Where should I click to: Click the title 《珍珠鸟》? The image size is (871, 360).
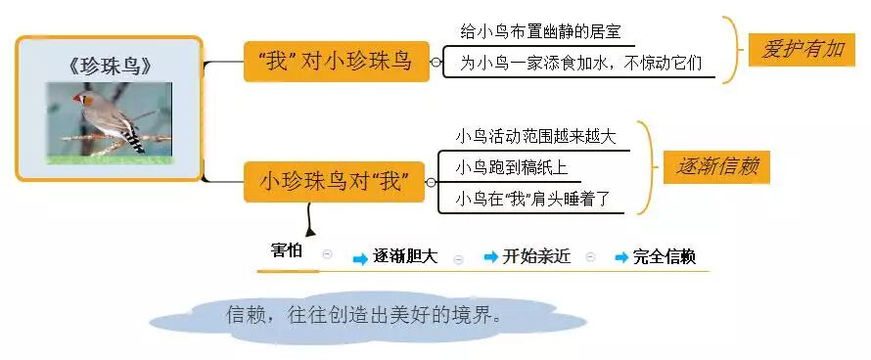111,67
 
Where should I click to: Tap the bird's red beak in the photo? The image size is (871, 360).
78,99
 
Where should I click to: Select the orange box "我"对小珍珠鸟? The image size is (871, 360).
335,61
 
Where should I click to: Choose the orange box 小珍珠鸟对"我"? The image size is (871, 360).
335,182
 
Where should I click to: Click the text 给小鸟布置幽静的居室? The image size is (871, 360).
539,33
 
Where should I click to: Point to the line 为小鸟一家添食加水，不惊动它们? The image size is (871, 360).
581,64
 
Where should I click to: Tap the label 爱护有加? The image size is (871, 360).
802,49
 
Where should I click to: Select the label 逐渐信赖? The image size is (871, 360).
716,166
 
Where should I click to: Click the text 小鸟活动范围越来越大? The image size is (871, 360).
536,137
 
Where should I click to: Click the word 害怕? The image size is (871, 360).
287,250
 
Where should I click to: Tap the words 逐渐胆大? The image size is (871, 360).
405,257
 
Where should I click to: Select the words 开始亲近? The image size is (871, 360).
536,257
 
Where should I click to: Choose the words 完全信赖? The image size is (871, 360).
665,257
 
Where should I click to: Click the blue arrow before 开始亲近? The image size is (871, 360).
491,257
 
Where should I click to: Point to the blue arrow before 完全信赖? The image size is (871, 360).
621,257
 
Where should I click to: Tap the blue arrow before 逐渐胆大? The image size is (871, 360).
360,257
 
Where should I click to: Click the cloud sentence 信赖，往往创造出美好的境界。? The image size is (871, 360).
364,316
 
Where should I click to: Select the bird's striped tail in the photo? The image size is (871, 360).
134,139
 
